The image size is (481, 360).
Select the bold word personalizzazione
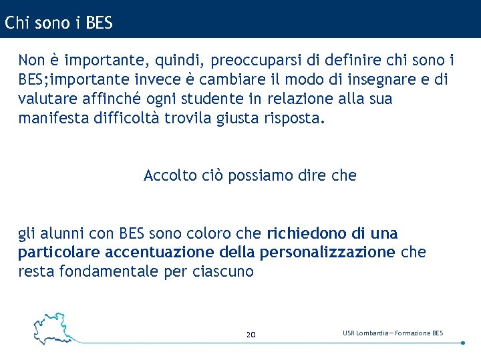327,253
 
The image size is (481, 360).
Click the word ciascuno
223,272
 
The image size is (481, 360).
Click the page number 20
251,334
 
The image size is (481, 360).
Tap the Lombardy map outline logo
52,327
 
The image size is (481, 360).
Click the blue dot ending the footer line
463,343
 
